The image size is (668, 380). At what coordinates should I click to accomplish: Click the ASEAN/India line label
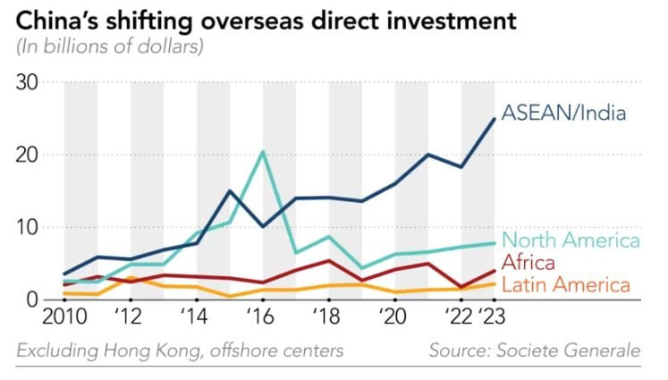[563, 114]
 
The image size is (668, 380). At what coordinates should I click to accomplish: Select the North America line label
[571, 241]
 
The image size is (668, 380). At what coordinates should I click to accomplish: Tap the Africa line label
[528, 263]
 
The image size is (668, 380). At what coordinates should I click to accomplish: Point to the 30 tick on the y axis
[30, 82]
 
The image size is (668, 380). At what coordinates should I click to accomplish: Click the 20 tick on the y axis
[30, 155]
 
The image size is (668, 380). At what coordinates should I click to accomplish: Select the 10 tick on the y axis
[30, 227]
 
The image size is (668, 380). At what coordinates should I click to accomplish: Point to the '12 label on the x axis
[131, 318]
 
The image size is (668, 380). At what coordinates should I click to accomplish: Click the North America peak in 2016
[262, 151]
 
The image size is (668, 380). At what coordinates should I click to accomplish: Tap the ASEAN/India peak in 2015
[230, 190]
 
